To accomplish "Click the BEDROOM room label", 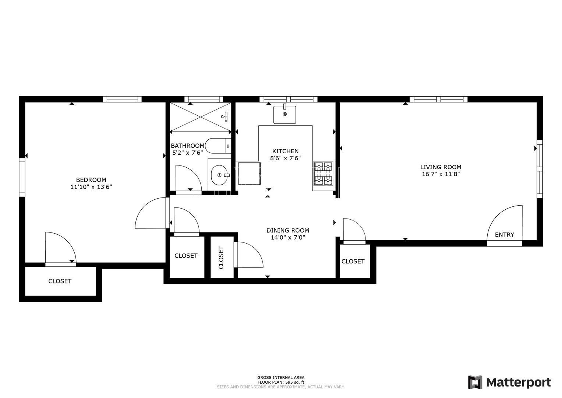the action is click(91, 180).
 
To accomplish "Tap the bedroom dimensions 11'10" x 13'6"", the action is click(91, 187).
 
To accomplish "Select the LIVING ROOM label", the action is click(441, 167).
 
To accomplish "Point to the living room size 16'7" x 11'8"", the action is click(441, 174).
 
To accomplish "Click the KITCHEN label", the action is click(286, 151).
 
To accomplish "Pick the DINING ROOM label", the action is click(288, 230).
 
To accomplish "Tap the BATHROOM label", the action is click(187, 146).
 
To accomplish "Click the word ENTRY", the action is click(505, 235).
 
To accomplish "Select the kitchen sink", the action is click(284, 115).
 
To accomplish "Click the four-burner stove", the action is click(324, 174).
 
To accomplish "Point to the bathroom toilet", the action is click(218, 146).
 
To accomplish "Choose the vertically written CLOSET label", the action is click(221, 258).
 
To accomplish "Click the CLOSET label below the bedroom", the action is click(60, 281).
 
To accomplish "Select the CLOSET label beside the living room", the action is click(353, 261).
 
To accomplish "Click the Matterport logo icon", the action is click(475, 383).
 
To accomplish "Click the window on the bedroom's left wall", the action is click(22, 177).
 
